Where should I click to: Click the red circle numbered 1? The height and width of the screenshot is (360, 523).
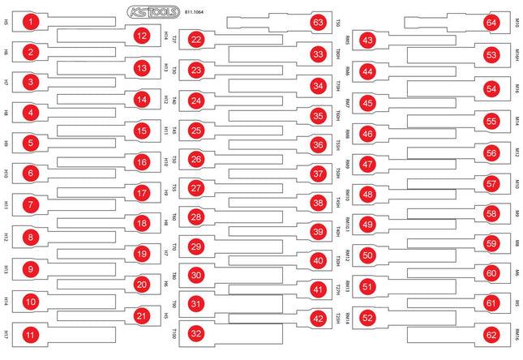[x=30, y=22]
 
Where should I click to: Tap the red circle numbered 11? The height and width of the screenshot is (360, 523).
[x=30, y=333]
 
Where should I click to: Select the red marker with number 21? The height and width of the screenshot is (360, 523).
[x=142, y=316]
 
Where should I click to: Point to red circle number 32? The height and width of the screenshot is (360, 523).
[x=195, y=333]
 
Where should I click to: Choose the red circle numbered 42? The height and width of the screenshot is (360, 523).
[x=318, y=319]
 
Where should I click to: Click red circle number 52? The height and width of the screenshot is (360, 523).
[x=368, y=317]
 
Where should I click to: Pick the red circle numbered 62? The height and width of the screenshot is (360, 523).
[x=491, y=333]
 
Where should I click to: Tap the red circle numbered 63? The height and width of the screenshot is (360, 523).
[x=318, y=23]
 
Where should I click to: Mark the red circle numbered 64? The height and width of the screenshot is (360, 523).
[x=491, y=23]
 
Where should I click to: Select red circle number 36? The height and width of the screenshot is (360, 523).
[x=318, y=144]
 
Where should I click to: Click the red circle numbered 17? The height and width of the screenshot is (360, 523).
[x=142, y=194]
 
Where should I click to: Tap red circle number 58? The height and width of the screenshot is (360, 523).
[x=491, y=213]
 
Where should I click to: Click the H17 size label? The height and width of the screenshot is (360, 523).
[x=6, y=333]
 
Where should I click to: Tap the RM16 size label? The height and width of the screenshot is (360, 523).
[x=516, y=333]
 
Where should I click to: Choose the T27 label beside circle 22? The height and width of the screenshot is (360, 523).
[x=174, y=39]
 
